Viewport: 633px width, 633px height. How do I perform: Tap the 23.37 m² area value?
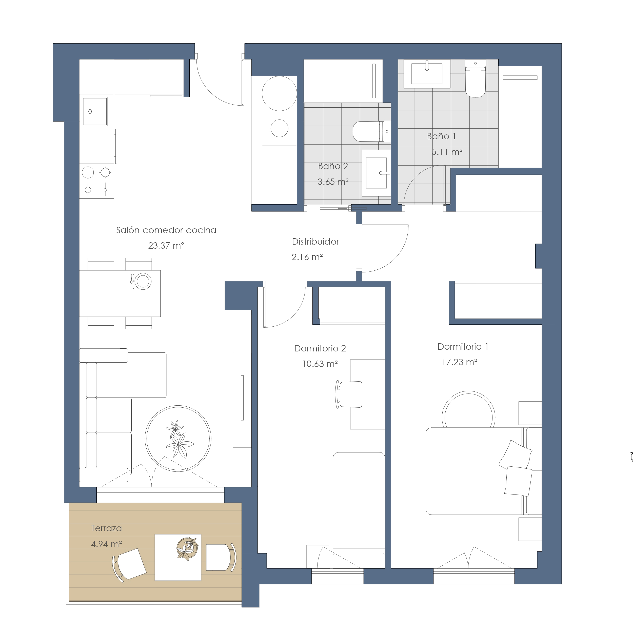[x=166, y=245]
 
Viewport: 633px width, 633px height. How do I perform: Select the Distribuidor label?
[x=315, y=242]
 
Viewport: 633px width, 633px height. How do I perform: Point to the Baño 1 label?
[x=441, y=136]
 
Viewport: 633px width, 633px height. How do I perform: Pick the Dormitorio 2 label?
[x=320, y=348]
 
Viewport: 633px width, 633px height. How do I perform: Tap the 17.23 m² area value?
[x=459, y=362]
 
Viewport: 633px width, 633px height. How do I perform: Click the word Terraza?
[x=106, y=528]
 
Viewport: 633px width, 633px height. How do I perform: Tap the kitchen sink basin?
[x=95, y=111]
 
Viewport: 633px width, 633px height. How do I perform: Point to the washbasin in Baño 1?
[x=427, y=74]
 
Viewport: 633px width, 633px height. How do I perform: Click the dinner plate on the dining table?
[x=143, y=281]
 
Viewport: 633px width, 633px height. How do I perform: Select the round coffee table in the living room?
[x=178, y=438]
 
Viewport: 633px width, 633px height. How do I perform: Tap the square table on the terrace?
[x=178, y=557]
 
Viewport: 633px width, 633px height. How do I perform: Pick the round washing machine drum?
[x=279, y=93]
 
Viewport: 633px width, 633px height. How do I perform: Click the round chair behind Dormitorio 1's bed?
[x=468, y=409]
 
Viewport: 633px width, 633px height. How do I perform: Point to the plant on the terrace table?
[x=188, y=548]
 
